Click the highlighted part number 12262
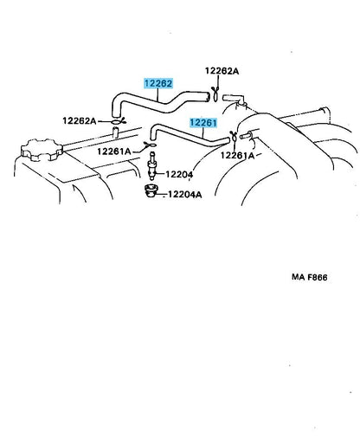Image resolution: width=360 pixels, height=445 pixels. (x=158, y=83)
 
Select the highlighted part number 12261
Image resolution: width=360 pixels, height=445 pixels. (x=203, y=123)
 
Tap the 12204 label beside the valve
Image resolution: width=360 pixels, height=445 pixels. (x=179, y=174)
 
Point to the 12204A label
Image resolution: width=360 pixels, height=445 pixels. (x=185, y=194)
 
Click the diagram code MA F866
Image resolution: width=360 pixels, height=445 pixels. (x=310, y=277)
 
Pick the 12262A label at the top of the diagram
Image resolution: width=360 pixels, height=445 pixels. (x=222, y=71)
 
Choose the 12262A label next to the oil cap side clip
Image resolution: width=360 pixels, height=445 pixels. (x=80, y=120)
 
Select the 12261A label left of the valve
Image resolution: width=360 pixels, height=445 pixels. (x=114, y=152)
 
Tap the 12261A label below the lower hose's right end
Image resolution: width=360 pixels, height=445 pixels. (x=237, y=156)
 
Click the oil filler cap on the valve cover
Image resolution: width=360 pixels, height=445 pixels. (x=42, y=150)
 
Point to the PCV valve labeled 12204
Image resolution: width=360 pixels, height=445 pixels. (x=152, y=166)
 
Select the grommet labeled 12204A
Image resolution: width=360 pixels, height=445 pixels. (x=150, y=191)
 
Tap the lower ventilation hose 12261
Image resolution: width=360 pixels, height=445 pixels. (x=190, y=136)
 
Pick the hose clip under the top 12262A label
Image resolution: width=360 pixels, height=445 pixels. (x=215, y=94)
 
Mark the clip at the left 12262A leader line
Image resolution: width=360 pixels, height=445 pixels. (x=118, y=121)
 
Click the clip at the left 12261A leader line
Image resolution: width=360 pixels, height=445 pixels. (x=151, y=145)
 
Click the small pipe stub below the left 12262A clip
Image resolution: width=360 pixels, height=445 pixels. (x=116, y=132)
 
